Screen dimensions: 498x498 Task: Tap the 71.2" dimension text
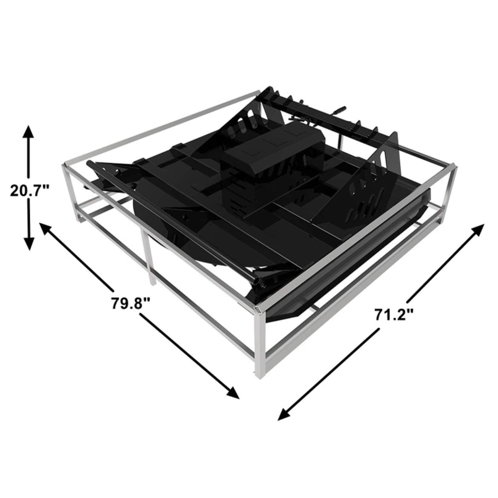pos(393,314)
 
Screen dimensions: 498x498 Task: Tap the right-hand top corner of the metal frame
pos(454,167)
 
